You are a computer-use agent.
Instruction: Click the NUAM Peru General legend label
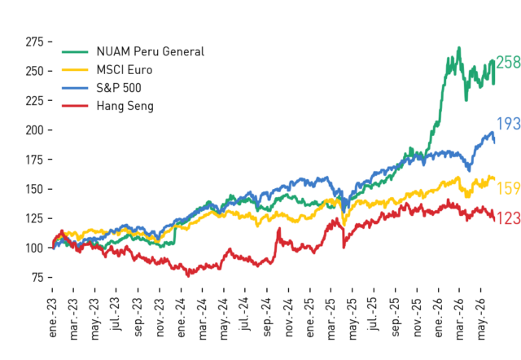pyautogui.click(x=150, y=51)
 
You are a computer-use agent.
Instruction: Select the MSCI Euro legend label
pyautogui.click(x=125, y=70)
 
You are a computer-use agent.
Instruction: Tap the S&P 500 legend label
pyautogui.click(x=119, y=88)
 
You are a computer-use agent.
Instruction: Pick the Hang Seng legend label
pyautogui.click(x=125, y=107)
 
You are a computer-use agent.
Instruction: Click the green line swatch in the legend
pyautogui.click(x=75, y=52)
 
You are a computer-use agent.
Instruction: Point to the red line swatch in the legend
pyautogui.click(x=75, y=106)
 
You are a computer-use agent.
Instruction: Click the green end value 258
pyautogui.click(x=508, y=63)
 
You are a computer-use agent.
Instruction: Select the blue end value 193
pyautogui.click(x=508, y=124)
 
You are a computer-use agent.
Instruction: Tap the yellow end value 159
pyautogui.click(x=508, y=188)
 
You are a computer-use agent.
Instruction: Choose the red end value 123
pyautogui.click(x=508, y=218)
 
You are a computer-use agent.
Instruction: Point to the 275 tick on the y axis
pyautogui.click(x=34, y=42)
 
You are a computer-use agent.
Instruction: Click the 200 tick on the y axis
pyautogui.click(x=34, y=130)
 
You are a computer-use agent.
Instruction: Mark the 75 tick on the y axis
pyautogui.click(x=38, y=277)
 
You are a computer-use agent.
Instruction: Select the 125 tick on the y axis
pyautogui.click(x=34, y=218)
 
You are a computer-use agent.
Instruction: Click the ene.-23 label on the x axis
pyautogui.click(x=52, y=318)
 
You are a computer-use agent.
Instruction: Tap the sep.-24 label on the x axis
pyautogui.click(x=267, y=317)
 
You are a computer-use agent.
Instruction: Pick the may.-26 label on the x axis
pyautogui.click(x=481, y=318)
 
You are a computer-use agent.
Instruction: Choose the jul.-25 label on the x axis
pyautogui.click(x=374, y=314)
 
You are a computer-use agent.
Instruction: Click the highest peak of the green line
pyautogui.click(x=459, y=48)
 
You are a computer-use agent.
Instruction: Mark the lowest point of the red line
pyautogui.click(x=188, y=276)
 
